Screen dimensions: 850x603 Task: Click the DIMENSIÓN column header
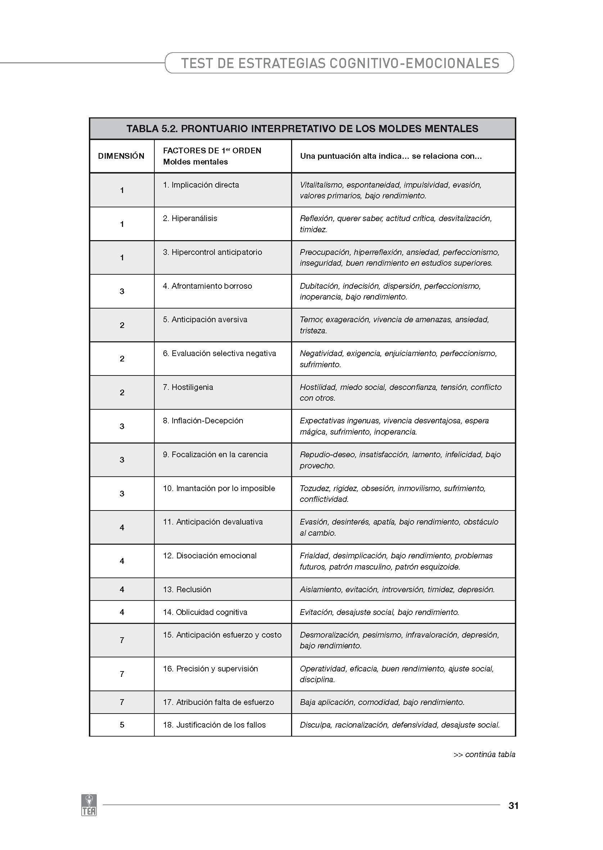121,156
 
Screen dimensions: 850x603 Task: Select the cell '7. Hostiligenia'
188,387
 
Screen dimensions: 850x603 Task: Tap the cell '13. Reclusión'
194,589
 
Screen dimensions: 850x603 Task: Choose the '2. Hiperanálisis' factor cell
190,219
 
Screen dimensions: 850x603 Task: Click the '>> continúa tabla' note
484,754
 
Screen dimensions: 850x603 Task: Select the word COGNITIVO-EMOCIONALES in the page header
414,63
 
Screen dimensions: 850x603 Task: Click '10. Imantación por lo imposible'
219,488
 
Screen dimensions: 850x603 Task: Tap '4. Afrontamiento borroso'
207,286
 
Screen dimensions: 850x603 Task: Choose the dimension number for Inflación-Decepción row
122,426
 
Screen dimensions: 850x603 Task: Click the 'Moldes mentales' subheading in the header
195,162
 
